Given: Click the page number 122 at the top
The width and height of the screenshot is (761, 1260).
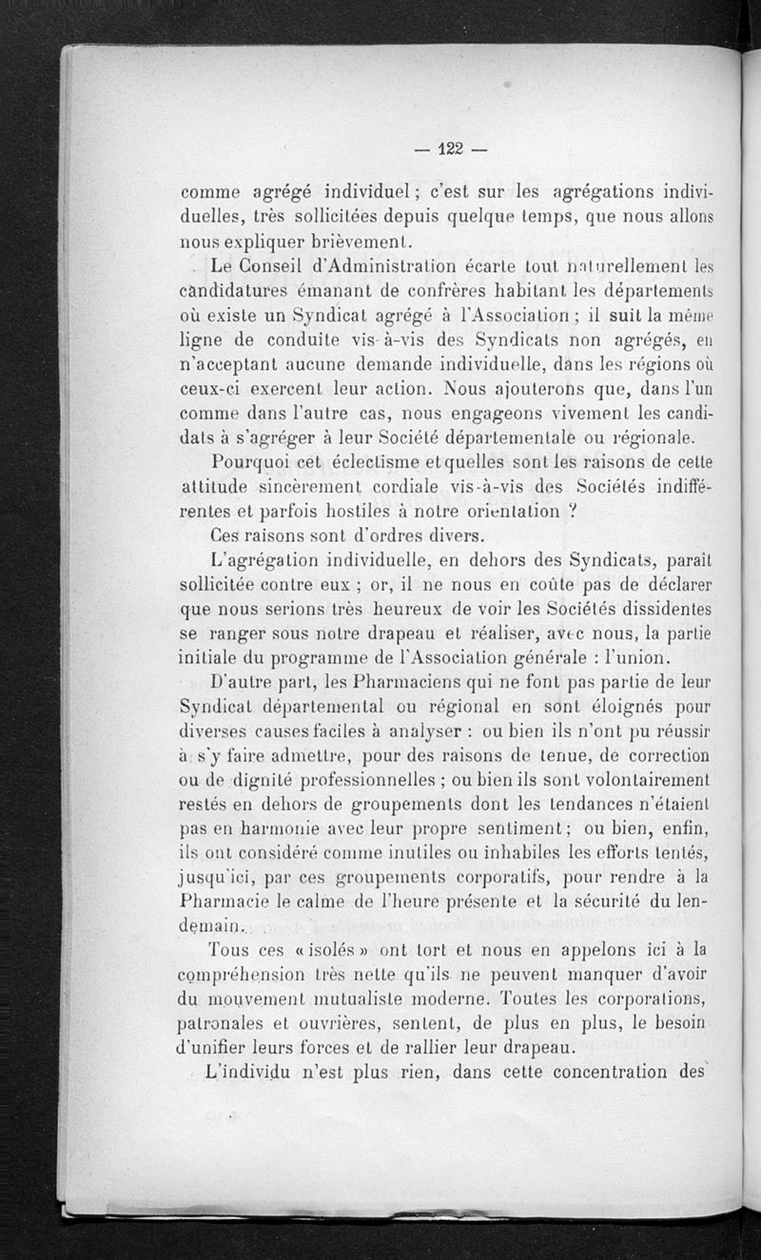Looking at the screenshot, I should coord(450,147).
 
